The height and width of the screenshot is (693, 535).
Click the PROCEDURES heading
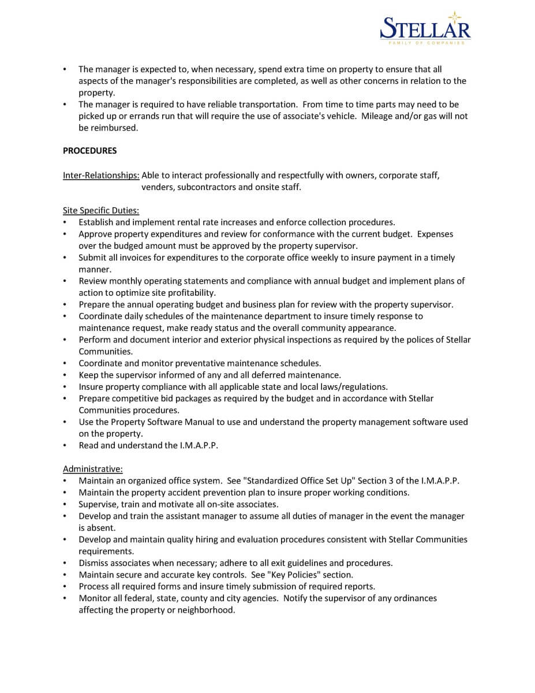coord(89,151)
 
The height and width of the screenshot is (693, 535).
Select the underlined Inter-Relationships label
coord(101,176)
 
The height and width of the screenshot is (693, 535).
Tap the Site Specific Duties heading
coord(101,211)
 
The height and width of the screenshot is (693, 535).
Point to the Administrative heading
coord(92,469)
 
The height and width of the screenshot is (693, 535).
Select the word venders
coord(158,187)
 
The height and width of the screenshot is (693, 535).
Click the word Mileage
coord(377,116)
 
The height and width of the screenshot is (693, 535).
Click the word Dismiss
coord(93,562)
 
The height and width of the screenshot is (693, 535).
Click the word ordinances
coord(410,598)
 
